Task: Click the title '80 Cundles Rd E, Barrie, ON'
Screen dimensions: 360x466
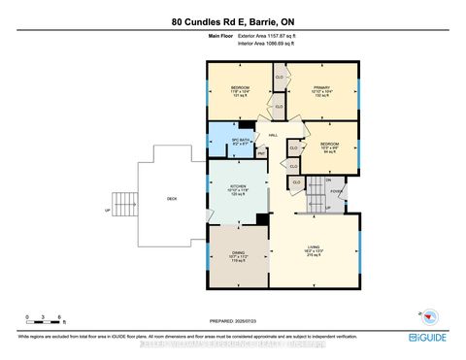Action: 233,20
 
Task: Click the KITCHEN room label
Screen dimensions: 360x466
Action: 238,188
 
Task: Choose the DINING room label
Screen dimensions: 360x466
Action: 238,257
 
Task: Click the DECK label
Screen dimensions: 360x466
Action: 172,199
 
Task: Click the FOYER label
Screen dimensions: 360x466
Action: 334,192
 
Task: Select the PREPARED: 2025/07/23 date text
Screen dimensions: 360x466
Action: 233,321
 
